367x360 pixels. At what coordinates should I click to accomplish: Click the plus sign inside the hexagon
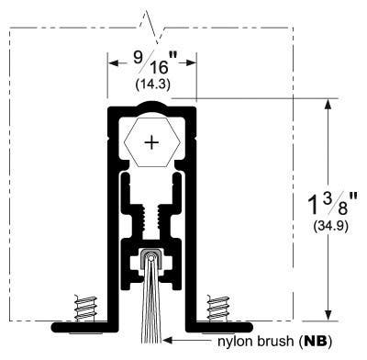tap(151, 142)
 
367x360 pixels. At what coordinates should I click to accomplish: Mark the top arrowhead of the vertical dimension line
tap(327, 104)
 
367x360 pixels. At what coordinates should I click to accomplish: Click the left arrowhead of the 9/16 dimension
tap(113, 63)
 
